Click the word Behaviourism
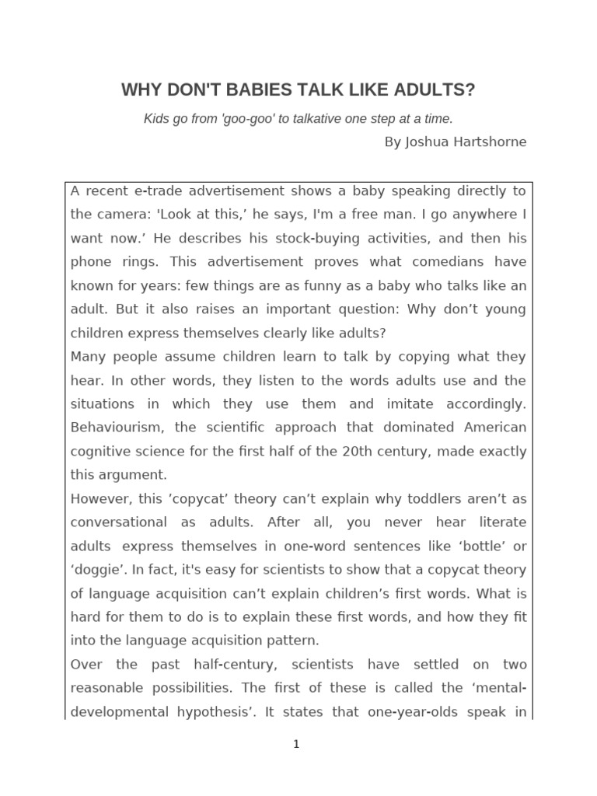117,428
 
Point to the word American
495,428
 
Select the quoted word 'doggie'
96,570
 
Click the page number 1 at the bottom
296,745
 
